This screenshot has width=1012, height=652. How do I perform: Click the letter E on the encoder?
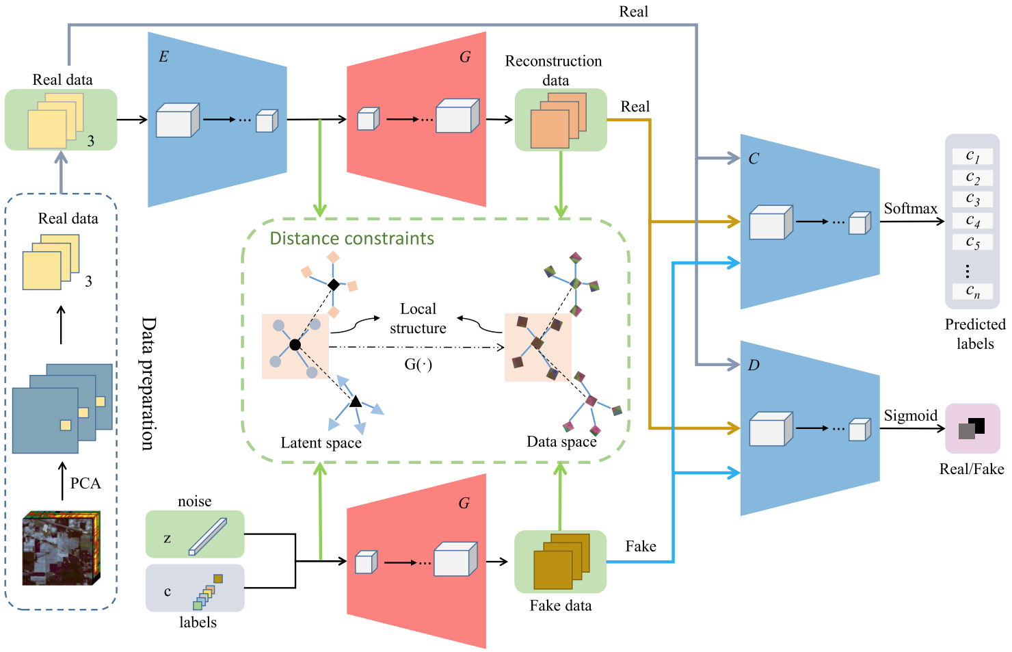click(x=163, y=57)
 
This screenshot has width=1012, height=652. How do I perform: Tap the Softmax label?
click(x=910, y=209)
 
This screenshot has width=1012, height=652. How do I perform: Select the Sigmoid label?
click(x=910, y=416)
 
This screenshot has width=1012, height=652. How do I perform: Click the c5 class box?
click(x=972, y=242)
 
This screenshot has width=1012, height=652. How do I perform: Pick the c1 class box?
click(x=972, y=156)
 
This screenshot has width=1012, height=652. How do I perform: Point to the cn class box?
click(x=972, y=291)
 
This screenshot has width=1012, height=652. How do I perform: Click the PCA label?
click(x=85, y=484)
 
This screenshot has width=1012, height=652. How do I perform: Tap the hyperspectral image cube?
click(x=61, y=548)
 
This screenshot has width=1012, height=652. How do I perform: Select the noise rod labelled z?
click(x=207, y=536)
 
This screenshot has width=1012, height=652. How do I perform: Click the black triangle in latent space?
click(x=356, y=402)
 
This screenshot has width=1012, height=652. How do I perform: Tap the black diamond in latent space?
click(x=333, y=285)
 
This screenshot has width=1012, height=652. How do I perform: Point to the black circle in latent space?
click(x=295, y=345)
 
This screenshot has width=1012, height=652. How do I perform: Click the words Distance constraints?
click(x=351, y=239)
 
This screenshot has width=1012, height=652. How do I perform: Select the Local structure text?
click(x=418, y=319)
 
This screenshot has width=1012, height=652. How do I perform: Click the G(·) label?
click(x=418, y=365)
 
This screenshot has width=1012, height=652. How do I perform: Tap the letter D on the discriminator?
click(x=754, y=365)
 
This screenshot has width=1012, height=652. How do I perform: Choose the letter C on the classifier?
click(x=754, y=159)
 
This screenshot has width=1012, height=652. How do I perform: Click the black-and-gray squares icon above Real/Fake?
click(x=972, y=428)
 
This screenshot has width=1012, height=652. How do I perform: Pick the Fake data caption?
click(x=560, y=606)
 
